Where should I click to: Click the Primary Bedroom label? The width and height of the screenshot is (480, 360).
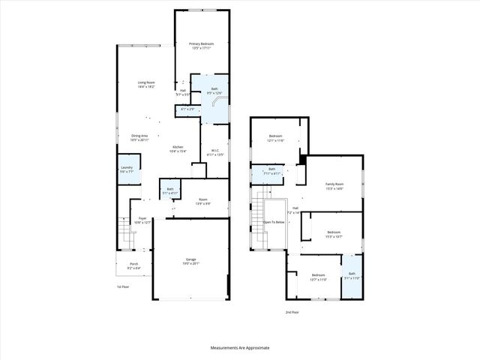(x=201, y=45)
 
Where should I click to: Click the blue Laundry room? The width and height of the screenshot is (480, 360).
(x=126, y=170)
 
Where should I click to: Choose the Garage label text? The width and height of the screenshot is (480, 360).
(x=190, y=259)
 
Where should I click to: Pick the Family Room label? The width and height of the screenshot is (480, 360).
(x=334, y=184)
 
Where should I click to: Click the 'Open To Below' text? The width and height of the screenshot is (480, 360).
(x=274, y=222)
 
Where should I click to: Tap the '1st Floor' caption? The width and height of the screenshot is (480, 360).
(x=122, y=286)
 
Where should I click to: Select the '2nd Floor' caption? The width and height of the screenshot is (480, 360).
(x=292, y=311)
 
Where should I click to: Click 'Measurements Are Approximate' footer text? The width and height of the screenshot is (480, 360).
(x=239, y=348)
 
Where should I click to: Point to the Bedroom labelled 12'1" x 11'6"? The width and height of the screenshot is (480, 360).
(x=275, y=137)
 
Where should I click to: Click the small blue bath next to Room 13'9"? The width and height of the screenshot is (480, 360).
(x=170, y=190)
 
